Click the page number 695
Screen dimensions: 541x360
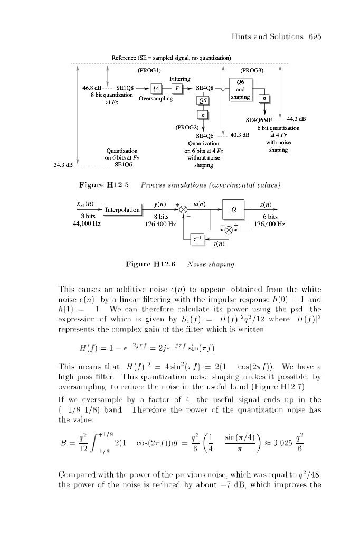tap(314, 36)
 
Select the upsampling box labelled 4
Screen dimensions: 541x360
tap(156, 88)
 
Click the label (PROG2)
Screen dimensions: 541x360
tap(187, 127)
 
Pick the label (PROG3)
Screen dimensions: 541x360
tap(251, 70)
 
